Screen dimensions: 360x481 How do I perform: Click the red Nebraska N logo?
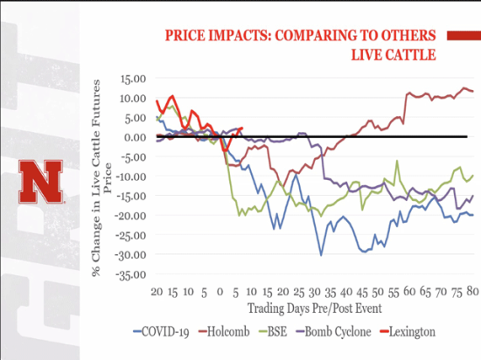(40, 181)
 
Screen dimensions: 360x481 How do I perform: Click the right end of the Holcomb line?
(473, 91)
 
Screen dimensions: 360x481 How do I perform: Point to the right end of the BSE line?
(473, 175)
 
